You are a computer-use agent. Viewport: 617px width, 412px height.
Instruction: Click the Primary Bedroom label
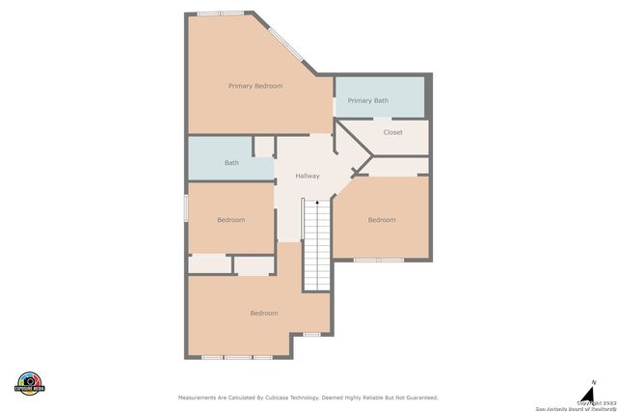pyautogui.click(x=255, y=86)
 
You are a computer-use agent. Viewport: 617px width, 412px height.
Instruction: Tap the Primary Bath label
pyautogui.click(x=367, y=100)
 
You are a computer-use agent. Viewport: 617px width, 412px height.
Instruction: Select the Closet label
pyautogui.click(x=392, y=132)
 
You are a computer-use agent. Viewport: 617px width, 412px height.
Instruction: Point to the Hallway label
pyautogui.click(x=308, y=176)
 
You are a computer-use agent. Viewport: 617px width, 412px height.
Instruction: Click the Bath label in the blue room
pyautogui.click(x=231, y=162)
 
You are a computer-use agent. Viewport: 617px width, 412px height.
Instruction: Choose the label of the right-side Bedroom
pyautogui.click(x=382, y=220)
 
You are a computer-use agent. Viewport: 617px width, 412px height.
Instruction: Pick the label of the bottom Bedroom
pyautogui.click(x=263, y=313)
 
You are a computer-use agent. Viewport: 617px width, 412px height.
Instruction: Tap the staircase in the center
pyautogui.click(x=317, y=246)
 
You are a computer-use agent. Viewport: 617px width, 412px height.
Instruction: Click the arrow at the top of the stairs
pyautogui.click(x=317, y=202)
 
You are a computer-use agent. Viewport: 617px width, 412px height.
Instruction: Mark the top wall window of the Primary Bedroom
pyautogui.click(x=220, y=14)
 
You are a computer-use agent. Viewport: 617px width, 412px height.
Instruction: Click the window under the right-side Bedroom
pyautogui.click(x=378, y=260)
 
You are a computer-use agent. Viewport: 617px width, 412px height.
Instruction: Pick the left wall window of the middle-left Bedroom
pyautogui.click(x=186, y=210)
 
